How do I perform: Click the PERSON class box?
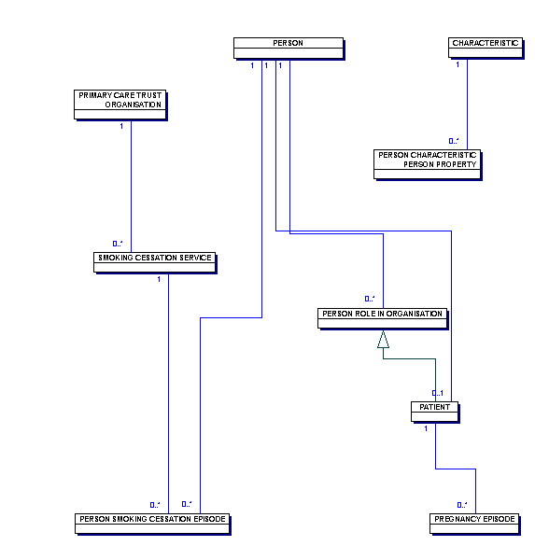point(289,48)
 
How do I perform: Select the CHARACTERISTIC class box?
point(486,48)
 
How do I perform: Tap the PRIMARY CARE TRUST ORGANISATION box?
point(120,105)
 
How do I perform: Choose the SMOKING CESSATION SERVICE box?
point(155,262)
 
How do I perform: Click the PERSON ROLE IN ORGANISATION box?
point(382,318)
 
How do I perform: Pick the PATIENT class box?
point(435,412)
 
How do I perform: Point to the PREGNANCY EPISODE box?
point(474,524)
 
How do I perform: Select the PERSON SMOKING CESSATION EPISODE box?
point(152,524)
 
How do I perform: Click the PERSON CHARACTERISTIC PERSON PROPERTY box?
point(427,164)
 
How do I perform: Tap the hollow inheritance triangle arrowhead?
point(383,339)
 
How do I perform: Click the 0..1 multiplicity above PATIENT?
point(438,393)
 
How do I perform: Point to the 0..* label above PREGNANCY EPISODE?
point(462,505)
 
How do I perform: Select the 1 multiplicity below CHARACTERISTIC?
point(458,64)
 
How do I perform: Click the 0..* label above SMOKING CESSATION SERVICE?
point(118,244)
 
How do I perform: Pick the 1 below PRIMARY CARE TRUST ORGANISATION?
point(121,126)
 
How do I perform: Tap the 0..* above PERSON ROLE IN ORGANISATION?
point(370,299)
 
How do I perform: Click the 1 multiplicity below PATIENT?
point(426,428)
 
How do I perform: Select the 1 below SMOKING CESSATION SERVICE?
point(159,279)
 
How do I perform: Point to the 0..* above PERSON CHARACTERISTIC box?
point(454,141)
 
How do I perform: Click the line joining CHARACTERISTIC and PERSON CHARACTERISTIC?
point(467,105)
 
